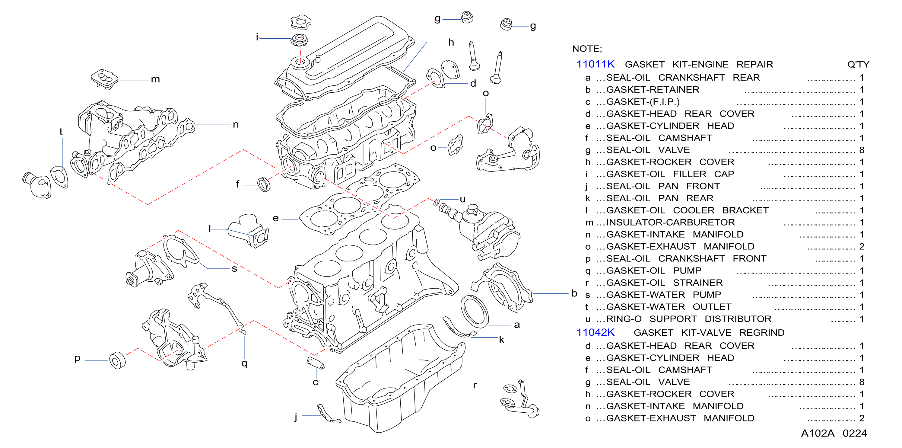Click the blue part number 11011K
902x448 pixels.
coord(595,64)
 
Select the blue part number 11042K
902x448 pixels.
coord(595,332)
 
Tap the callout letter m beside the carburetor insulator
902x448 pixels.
coord(155,80)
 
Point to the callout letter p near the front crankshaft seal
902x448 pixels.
coord(78,358)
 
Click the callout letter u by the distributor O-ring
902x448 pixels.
coord(463,200)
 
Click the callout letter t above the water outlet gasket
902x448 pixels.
coord(61,132)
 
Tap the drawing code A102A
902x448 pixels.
coord(818,433)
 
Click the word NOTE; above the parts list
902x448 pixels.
coord(587,49)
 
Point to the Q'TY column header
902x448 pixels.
coord(858,64)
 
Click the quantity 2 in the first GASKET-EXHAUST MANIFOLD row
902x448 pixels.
coord(862,247)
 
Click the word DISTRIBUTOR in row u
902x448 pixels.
coord(738,319)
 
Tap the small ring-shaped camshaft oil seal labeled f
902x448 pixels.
coord(264,184)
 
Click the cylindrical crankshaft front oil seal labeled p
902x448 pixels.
coord(117,360)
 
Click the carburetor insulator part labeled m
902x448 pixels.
coord(104,79)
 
